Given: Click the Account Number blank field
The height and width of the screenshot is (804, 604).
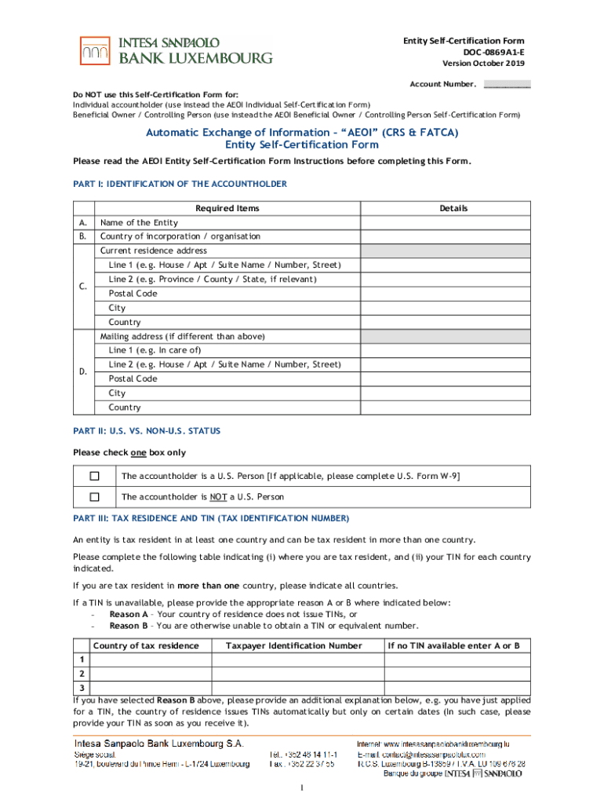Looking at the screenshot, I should click(507, 84).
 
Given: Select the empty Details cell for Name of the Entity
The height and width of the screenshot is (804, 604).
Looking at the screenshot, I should click(445, 223).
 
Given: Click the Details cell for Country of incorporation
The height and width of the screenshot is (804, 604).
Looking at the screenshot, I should click(445, 236).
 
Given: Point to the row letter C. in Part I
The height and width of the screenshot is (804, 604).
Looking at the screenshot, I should click(82, 286).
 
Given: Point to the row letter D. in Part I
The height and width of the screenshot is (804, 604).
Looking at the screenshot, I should click(82, 371).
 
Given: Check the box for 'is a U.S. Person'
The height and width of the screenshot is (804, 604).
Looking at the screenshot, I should click(95, 476).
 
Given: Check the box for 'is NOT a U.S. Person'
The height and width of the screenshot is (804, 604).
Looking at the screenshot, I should click(95, 497).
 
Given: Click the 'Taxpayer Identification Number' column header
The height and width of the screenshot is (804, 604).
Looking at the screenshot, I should click(293, 646).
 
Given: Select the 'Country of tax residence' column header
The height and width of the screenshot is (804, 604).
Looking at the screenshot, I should click(146, 646).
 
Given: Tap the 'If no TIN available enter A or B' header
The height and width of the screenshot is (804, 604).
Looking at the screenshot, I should click(453, 646).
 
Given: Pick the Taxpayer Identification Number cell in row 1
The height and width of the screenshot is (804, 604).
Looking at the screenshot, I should click(297, 660).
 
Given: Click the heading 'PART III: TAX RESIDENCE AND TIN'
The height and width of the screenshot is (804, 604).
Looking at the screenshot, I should click(211, 519).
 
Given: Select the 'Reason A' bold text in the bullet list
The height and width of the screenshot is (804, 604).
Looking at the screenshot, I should click(129, 615).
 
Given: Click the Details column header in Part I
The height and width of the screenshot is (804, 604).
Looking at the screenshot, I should click(453, 209).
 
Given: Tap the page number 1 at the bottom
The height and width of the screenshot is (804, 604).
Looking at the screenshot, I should click(302, 789).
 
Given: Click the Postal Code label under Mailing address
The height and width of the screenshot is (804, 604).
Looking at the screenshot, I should click(133, 378).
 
